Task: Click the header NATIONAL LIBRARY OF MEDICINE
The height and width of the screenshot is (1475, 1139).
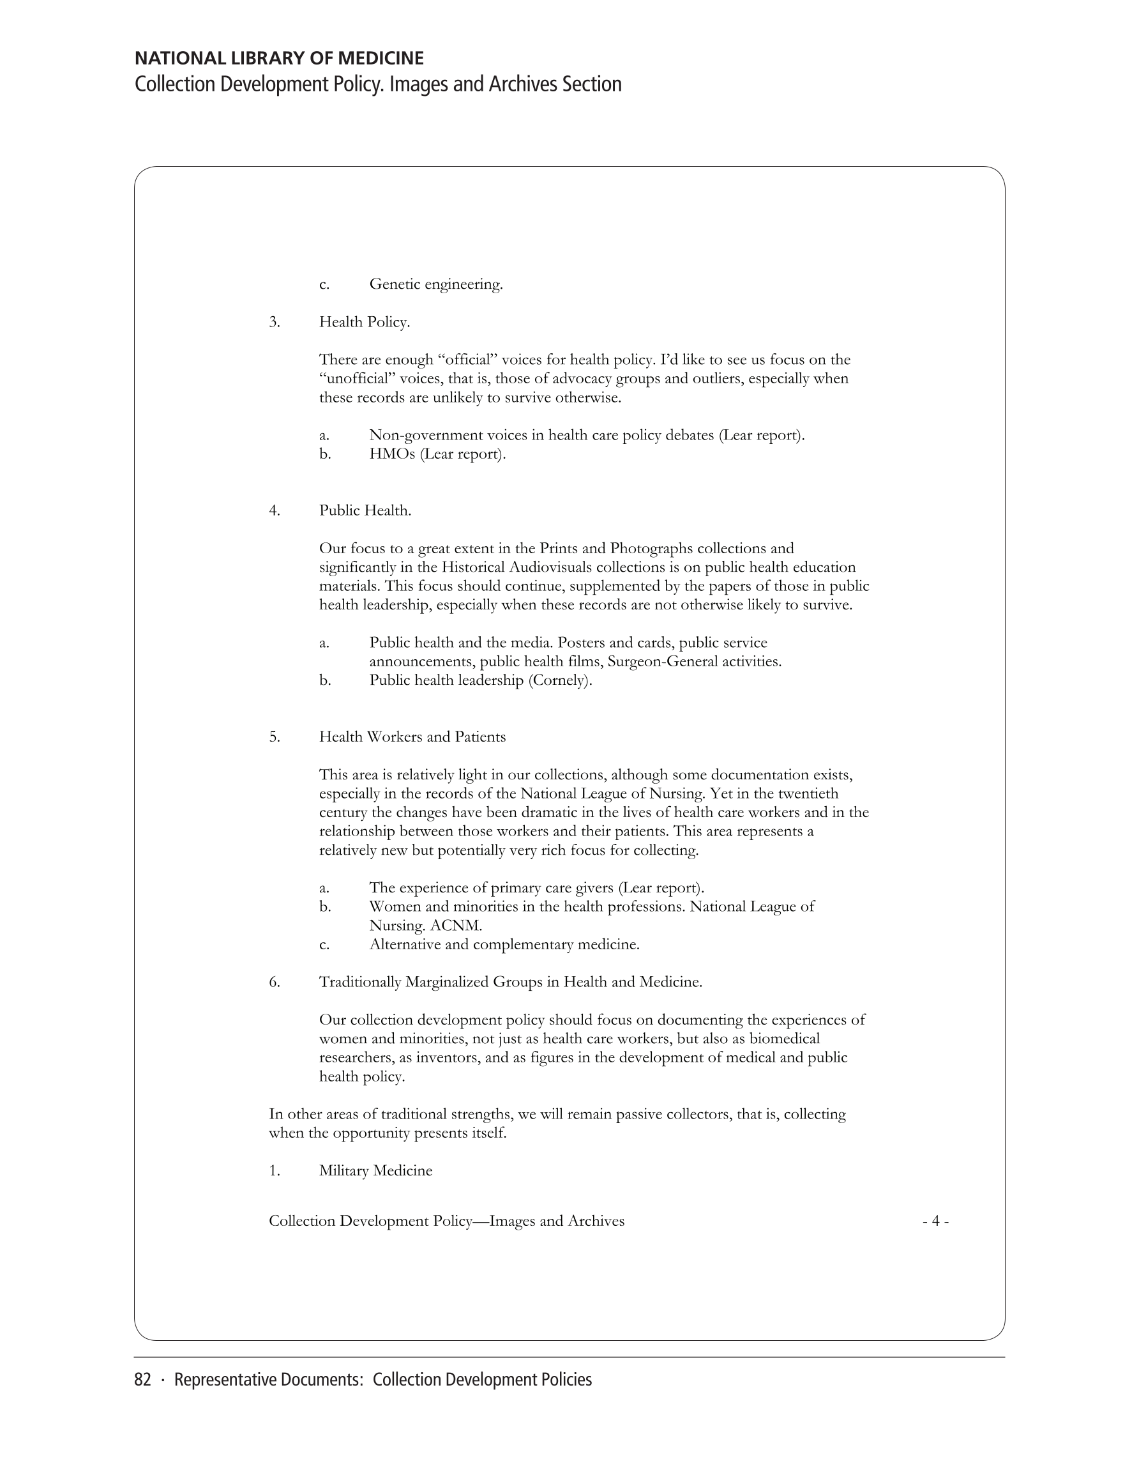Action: pyautogui.click(x=279, y=59)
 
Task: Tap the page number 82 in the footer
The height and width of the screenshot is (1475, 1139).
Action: pyautogui.click(x=142, y=1380)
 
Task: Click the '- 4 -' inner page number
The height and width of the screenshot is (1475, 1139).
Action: pyautogui.click(x=936, y=1221)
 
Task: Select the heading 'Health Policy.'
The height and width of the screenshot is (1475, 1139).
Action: pyautogui.click(x=365, y=322)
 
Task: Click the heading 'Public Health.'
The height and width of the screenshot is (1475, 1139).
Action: pyautogui.click(x=365, y=510)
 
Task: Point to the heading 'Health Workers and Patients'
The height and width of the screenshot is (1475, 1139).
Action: pyautogui.click(x=412, y=737)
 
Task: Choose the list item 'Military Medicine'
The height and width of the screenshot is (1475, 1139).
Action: pyautogui.click(x=375, y=1170)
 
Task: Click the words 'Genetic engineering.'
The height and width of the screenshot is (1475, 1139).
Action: pyautogui.click(x=436, y=284)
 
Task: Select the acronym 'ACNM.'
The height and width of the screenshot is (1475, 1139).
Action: pyautogui.click(x=456, y=925)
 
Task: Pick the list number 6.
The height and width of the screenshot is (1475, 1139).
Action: pyautogui.click(x=274, y=982)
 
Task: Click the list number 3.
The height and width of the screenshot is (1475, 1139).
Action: pyautogui.click(x=274, y=322)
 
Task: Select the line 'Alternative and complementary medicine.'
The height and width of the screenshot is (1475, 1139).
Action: pyautogui.click(x=504, y=944)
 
